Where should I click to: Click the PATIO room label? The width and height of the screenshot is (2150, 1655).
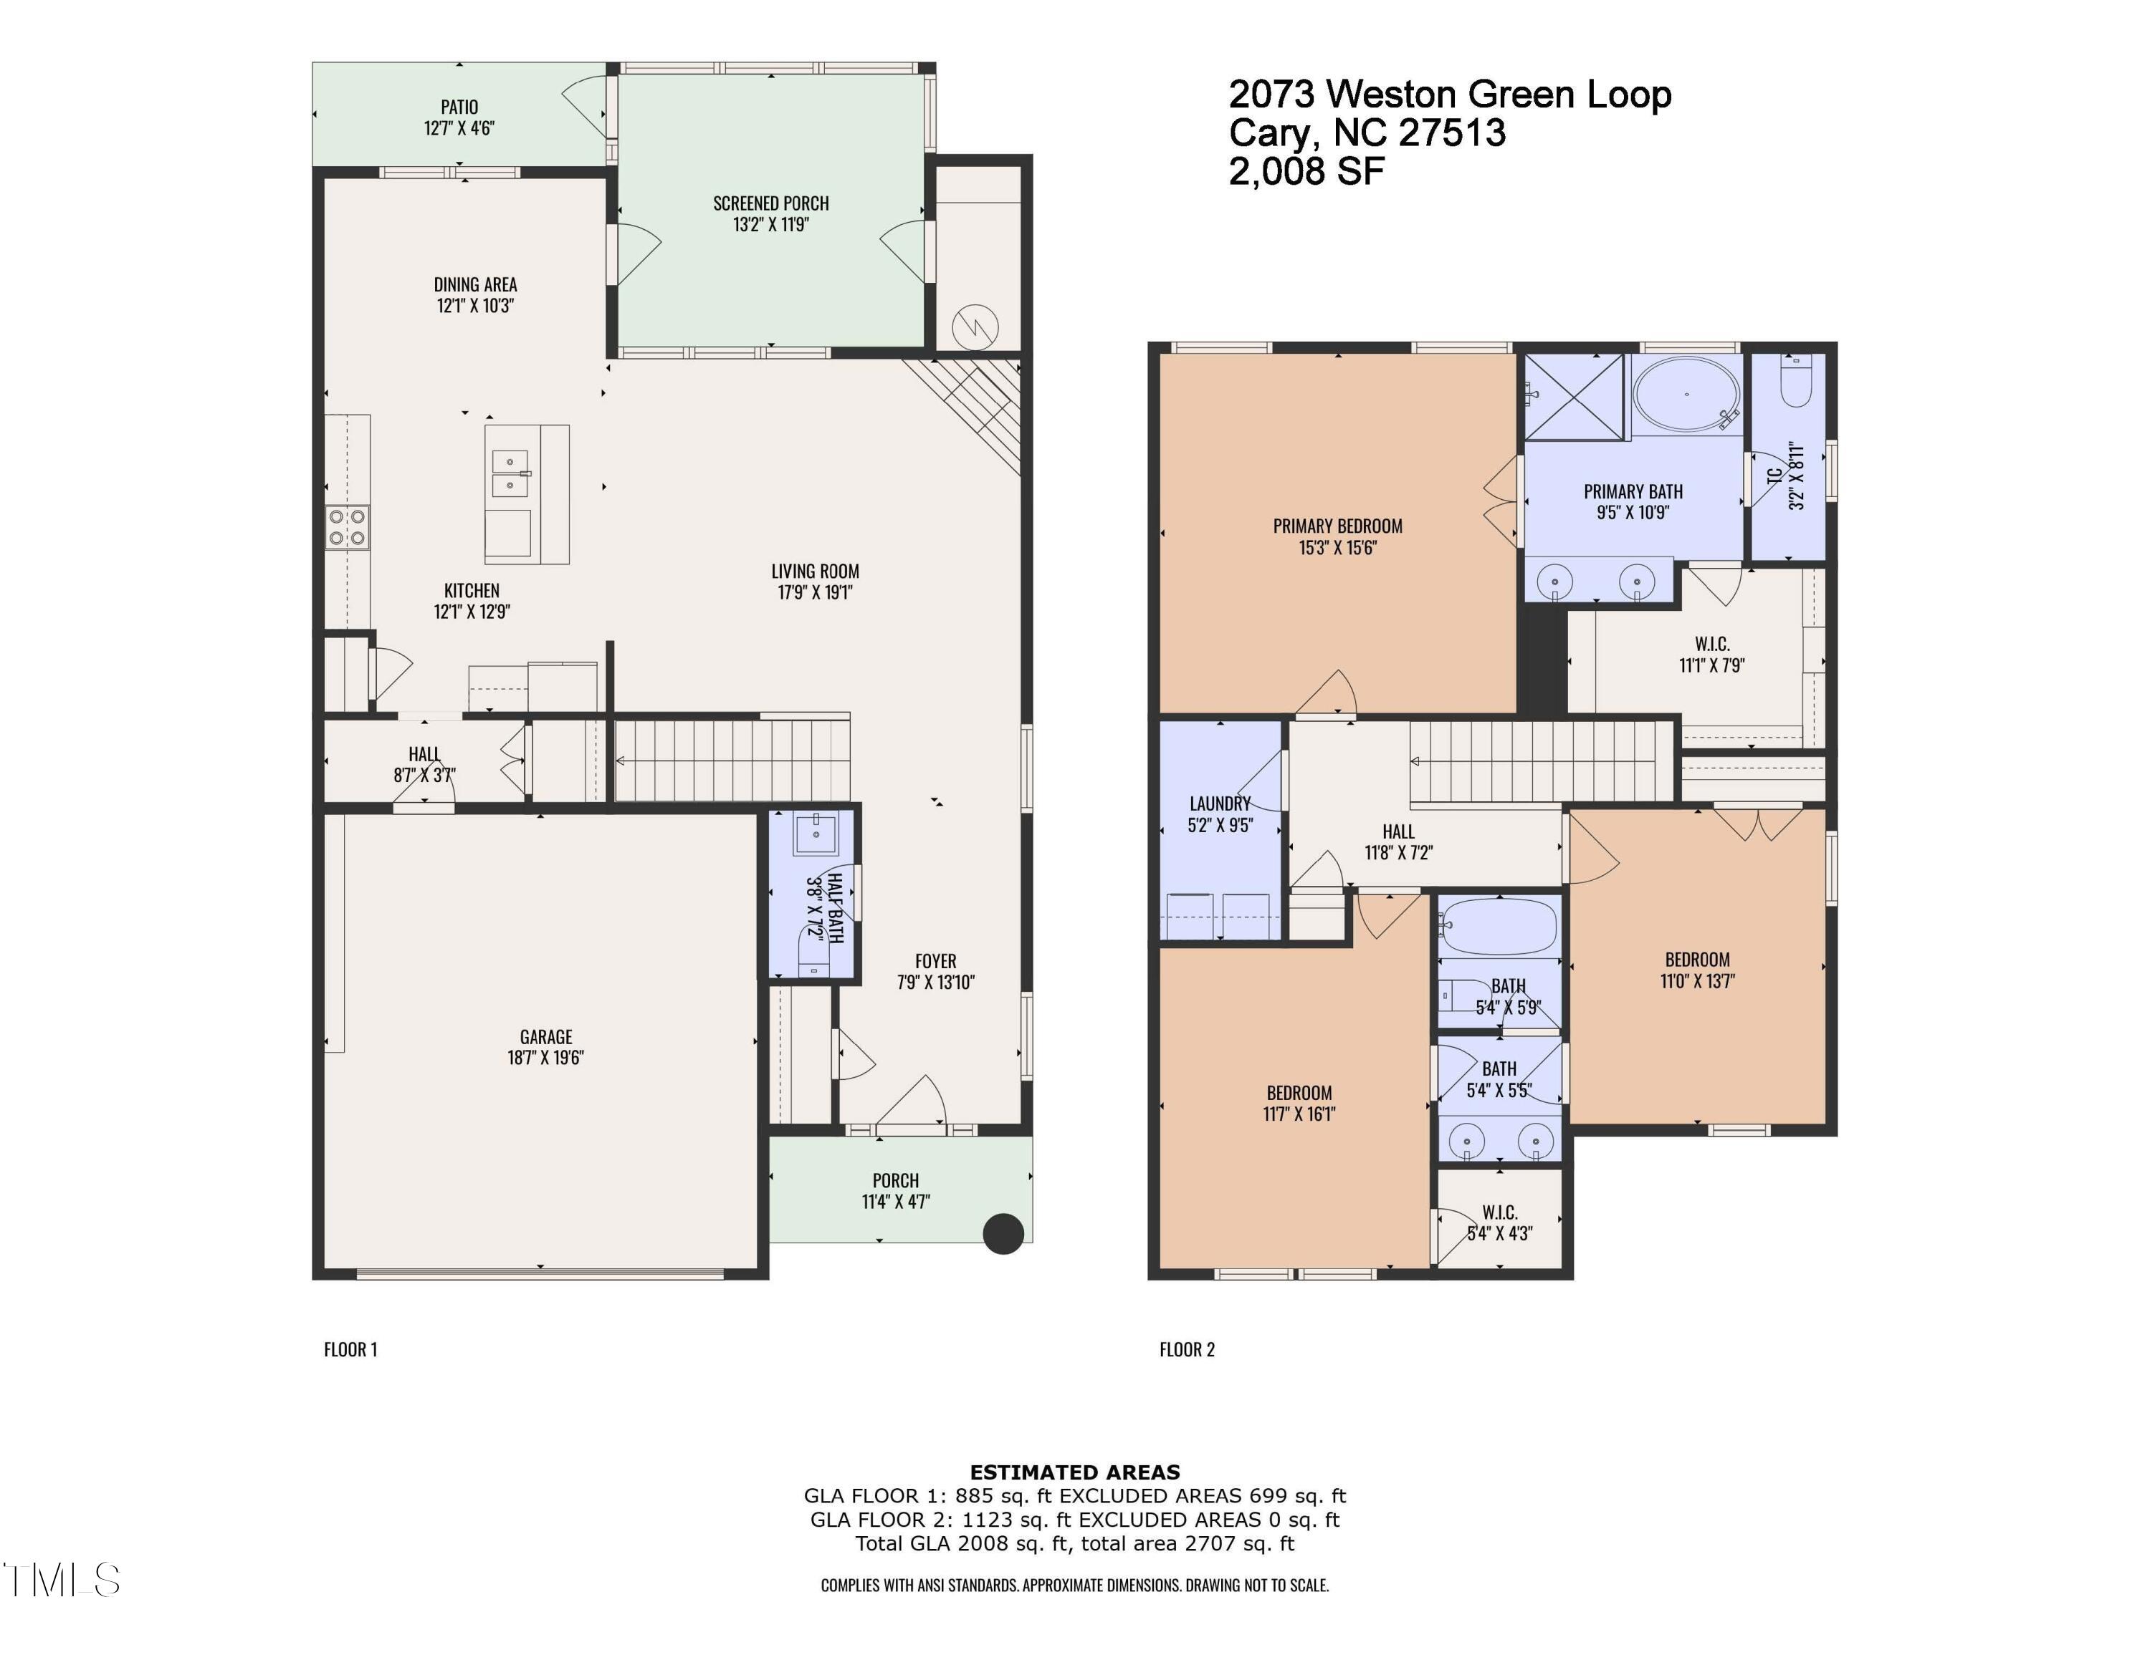(459, 106)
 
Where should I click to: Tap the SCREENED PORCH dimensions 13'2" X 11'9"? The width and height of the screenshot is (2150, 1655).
(771, 224)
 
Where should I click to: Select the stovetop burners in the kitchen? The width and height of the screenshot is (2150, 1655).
(348, 526)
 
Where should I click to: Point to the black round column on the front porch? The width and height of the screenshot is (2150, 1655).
(1003, 1234)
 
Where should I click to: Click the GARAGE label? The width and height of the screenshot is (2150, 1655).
(545, 1036)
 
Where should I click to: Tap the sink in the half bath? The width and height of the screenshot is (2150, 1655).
(815, 834)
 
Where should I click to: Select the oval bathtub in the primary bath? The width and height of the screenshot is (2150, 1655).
(1686, 395)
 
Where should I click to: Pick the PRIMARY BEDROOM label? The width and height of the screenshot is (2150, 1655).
(1337, 526)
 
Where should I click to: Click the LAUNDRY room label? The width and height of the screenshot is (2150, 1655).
(1220, 803)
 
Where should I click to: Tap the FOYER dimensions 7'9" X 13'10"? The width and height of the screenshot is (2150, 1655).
(935, 982)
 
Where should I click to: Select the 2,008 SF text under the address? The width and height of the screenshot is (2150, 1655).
(1306, 171)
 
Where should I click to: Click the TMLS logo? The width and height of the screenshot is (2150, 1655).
(61, 1579)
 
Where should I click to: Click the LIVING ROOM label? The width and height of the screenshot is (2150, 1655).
(814, 571)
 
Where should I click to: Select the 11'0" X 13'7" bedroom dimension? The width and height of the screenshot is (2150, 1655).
(1697, 981)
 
